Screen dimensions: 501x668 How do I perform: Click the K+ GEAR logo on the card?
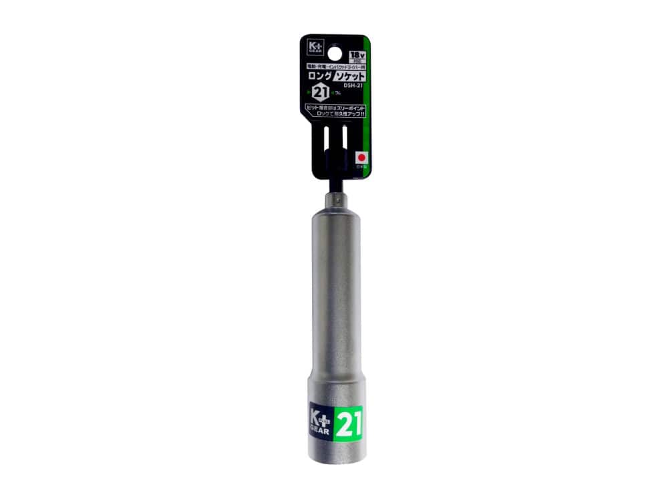click(315, 49)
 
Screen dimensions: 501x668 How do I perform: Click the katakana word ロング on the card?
click(319, 76)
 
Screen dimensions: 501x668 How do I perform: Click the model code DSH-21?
click(353, 85)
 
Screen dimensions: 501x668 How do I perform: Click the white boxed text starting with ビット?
click(335, 111)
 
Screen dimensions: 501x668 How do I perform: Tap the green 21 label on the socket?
click(348, 424)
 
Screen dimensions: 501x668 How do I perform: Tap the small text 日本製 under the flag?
click(361, 166)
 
